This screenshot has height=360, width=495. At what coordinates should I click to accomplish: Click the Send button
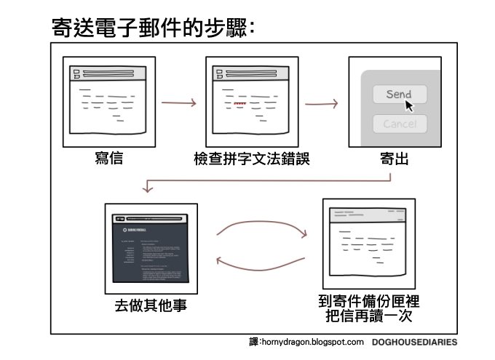coord(399,94)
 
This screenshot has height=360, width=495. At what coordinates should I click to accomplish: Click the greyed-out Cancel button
coord(400,124)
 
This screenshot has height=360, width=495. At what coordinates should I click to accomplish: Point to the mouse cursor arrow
coord(410,105)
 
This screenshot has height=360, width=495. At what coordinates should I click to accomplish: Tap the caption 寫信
coord(108,159)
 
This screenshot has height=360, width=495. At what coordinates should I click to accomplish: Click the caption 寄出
coord(394,159)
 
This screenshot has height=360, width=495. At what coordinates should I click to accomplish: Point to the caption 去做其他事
coord(151,304)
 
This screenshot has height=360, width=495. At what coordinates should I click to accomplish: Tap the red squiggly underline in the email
coord(240,103)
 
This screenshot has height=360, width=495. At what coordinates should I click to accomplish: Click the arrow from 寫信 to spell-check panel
coord(178,103)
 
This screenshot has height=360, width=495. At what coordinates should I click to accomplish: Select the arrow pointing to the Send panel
coord(321,103)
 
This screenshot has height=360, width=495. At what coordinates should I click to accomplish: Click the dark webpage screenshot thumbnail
coord(151,247)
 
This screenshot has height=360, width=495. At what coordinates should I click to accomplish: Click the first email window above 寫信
coord(108,102)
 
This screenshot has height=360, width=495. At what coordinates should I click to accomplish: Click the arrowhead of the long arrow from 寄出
coord(148,189)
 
